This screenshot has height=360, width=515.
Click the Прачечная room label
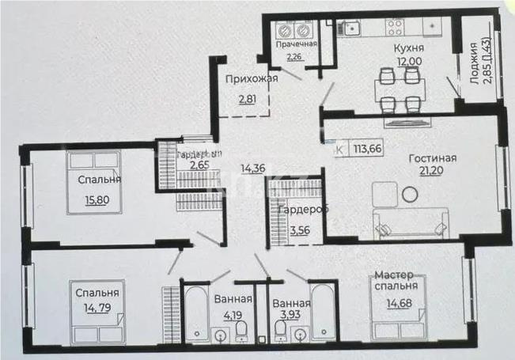click(x=296, y=44)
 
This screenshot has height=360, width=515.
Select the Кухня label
click(x=409, y=47)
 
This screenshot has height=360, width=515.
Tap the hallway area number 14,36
click(x=252, y=167)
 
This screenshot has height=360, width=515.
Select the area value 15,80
click(x=97, y=199)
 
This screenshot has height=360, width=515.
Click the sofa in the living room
click(x=411, y=223)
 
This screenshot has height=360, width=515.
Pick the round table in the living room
click(x=410, y=194)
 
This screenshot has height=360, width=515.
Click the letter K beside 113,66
click(x=340, y=147)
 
